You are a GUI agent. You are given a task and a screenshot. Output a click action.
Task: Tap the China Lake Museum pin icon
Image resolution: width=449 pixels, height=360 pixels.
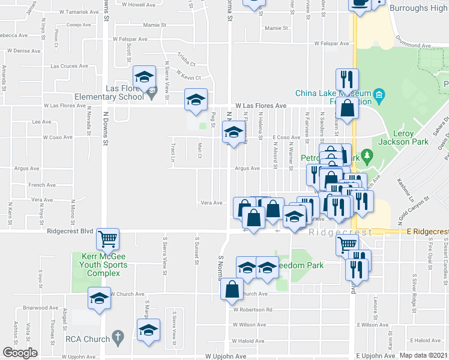(x=378, y=94)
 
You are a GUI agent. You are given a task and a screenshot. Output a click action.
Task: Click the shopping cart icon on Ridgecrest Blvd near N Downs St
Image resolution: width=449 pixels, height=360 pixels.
(x=108, y=239)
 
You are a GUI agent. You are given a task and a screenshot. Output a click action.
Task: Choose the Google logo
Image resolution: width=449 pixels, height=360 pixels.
(x=20, y=352)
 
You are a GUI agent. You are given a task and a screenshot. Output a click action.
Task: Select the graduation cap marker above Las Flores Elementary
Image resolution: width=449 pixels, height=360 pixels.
(x=144, y=77)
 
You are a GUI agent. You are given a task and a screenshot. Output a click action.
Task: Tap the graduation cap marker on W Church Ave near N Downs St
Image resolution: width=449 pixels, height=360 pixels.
(x=100, y=298)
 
